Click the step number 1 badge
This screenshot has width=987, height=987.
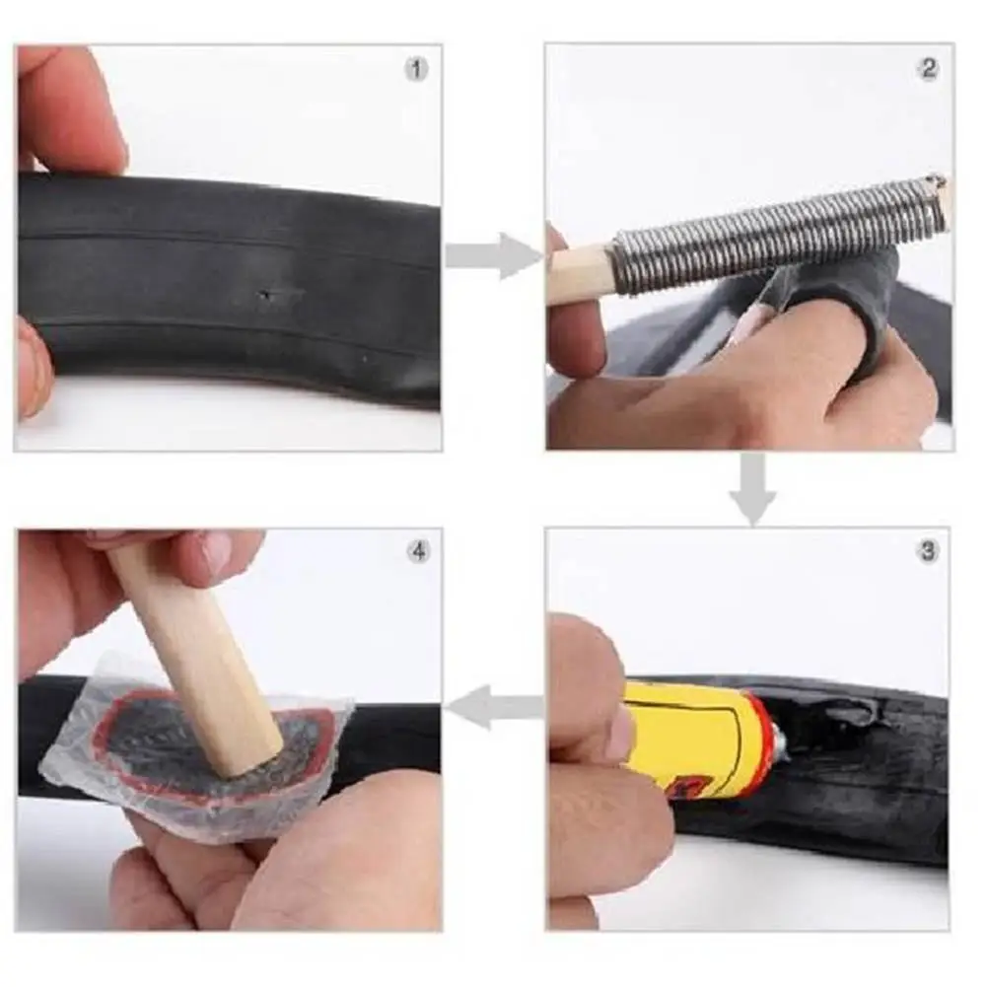click(415, 69)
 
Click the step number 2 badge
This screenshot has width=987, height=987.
click(929, 68)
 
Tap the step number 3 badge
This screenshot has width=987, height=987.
click(928, 551)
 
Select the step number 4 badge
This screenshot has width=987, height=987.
click(419, 552)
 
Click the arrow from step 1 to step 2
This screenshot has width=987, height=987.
click(493, 255)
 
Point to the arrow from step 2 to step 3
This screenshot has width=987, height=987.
click(753, 488)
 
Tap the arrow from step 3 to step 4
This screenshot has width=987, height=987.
click(495, 706)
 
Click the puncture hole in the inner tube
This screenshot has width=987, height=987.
click(267, 294)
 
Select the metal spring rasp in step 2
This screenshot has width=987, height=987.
click(781, 233)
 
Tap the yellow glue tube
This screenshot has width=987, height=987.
click(699, 738)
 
